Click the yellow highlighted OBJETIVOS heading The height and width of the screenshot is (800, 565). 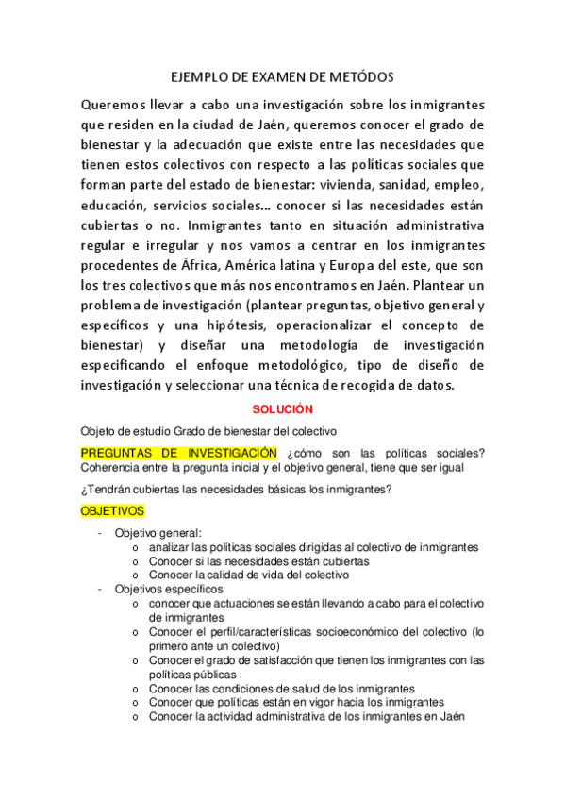pos(112,510)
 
